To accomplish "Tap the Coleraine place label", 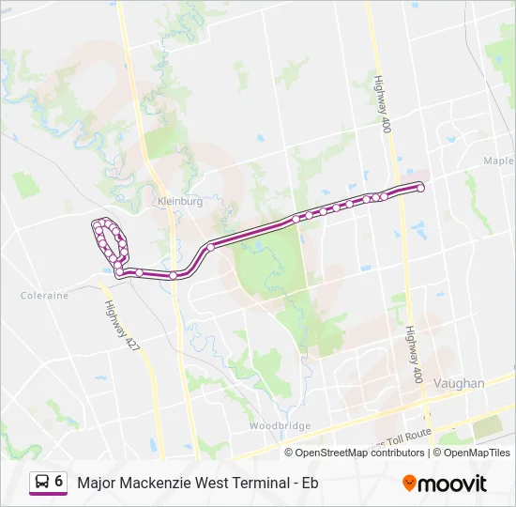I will [44, 295].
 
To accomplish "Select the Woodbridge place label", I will [280, 425].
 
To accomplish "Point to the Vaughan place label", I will [460, 383].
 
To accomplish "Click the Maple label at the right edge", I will [498, 161].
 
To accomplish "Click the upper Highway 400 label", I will [382, 103].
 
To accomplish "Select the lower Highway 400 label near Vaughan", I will [414, 354].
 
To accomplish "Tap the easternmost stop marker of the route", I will [420, 188].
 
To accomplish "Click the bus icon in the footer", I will [41, 482].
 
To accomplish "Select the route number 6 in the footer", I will [59, 481].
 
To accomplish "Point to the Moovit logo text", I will [452, 484].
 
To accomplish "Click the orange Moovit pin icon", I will [409, 483].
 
